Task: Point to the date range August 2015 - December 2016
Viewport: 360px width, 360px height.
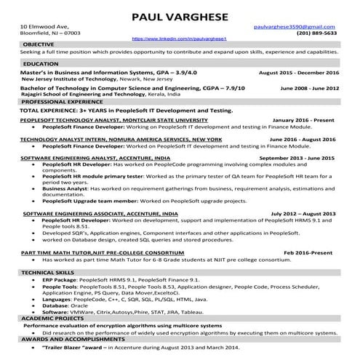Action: click(x=298, y=73)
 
